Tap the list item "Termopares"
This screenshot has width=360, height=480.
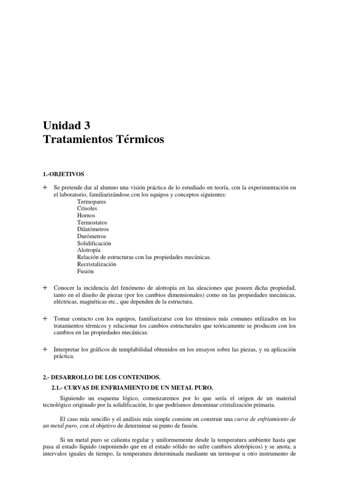[92, 202]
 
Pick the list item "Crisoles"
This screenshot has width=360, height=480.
[88, 209]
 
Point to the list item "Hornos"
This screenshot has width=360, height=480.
[86, 216]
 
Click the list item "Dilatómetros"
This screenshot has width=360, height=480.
[93, 230]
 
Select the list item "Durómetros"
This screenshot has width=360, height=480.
[91, 237]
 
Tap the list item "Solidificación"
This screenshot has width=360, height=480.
[94, 244]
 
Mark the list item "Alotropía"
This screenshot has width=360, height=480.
[89, 250]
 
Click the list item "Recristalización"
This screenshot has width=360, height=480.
[97, 264]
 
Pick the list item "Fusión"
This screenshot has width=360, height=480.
[86, 271]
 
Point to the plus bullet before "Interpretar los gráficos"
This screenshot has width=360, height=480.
[45, 350]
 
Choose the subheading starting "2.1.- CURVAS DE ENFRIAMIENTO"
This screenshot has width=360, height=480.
[132, 387]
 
